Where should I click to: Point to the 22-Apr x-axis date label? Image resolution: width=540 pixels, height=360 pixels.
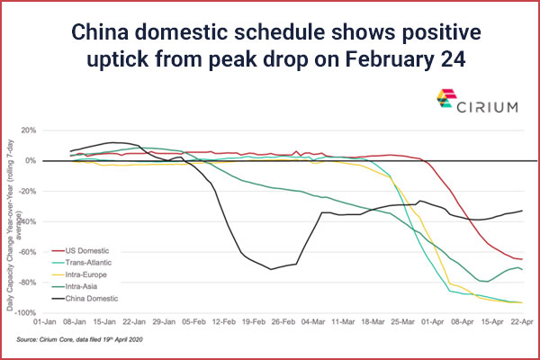523,320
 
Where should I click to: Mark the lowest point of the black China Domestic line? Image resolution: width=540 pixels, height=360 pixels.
271,268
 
